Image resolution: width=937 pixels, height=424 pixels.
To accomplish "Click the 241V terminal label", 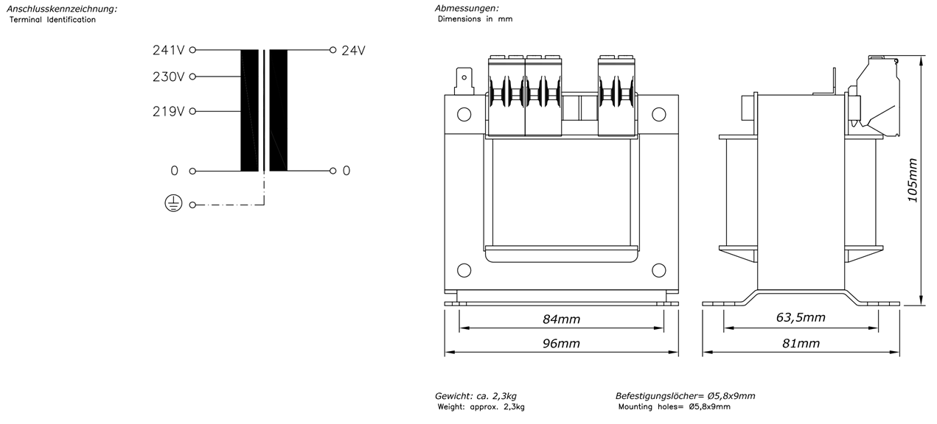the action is click(168, 50).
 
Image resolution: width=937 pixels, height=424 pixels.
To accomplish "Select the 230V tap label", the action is click(168, 77).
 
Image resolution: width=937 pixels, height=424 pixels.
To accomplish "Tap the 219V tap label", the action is click(168, 112).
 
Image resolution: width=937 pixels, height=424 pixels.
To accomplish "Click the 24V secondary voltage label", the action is click(353, 51).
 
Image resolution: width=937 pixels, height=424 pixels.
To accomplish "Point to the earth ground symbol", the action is click(173, 204).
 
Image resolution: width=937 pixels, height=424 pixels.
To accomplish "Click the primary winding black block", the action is click(249, 110).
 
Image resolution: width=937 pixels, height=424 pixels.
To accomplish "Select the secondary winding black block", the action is click(278, 110).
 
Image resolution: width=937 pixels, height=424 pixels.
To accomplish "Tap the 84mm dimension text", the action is click(561, 319).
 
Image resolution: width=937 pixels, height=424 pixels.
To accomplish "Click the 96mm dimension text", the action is click(561, 343).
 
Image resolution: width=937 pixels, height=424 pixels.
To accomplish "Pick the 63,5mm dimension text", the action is click(801, 317).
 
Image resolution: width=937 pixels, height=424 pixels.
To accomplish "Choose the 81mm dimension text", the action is click(801, 343).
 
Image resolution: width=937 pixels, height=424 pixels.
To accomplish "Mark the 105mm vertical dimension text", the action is click(913, 180).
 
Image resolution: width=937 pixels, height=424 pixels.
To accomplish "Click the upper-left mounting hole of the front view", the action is click(464, 114).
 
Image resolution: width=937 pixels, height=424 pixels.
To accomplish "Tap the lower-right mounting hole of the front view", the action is click(659, 270).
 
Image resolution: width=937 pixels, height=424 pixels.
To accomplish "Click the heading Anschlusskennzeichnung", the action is click(62, 9).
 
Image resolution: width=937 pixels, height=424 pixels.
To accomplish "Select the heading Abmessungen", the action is click(467, 8).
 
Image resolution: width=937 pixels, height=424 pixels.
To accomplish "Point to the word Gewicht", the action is click(453, 396).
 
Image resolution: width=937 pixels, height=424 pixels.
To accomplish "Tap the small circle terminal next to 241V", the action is click(192, 50).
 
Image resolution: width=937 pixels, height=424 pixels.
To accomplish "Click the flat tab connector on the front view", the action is click(464, 81).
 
